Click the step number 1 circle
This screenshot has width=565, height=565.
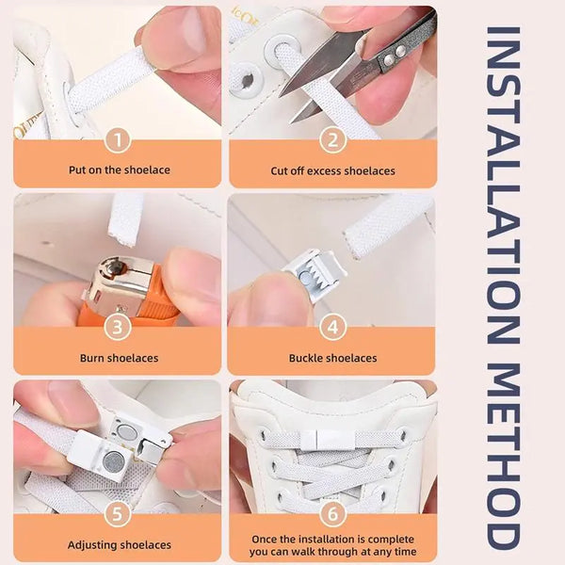point(117,141)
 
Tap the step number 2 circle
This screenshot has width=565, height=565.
point(331,141)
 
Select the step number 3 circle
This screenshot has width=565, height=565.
point(117,328)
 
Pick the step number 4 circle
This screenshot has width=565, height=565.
point(331,328)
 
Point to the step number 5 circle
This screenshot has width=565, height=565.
point(117,514)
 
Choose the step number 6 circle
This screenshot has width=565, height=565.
point(331,514)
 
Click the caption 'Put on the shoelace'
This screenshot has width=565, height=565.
point(118,170)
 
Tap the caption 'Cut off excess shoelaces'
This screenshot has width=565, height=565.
point(332,170)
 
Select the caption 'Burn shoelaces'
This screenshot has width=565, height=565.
point(118,358)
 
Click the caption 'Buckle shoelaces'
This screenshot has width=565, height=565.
point(332,358)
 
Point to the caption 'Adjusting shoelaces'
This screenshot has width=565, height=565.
point(118,544)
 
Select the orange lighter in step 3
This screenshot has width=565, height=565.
point(132,292)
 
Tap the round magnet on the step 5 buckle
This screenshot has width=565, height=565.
point(114,460)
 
